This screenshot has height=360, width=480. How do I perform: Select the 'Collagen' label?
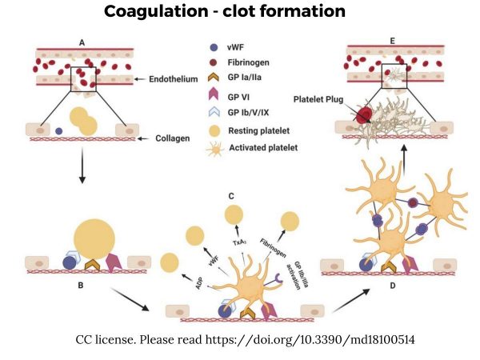(168, 138)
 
